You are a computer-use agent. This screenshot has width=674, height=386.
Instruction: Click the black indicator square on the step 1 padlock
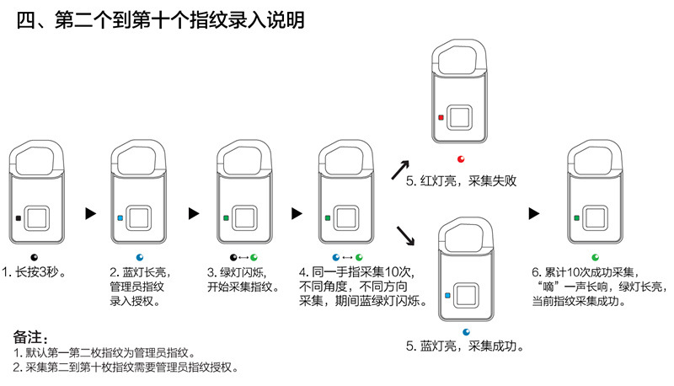[18, 218]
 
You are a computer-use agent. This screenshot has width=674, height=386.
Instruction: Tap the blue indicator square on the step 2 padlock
[120, 218]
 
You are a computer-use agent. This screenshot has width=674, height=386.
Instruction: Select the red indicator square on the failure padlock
[441, 117]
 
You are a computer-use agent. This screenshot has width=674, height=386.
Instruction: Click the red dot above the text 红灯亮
[461, 159]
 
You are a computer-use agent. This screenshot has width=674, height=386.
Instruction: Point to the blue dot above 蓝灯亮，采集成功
[467, 332]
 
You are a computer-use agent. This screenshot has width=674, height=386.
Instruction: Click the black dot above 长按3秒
[35, 258]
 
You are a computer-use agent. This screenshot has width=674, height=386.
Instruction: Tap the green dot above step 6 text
[596, 258]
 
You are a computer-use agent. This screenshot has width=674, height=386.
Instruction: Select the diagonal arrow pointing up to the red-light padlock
[400, 169]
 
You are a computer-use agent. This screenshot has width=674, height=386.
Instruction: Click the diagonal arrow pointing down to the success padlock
[405, 235]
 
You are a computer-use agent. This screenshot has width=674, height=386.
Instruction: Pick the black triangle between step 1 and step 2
[90, 213]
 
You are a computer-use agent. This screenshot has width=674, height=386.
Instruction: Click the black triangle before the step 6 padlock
[534, 213]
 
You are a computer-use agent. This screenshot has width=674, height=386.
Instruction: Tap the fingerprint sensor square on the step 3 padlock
[244, 218]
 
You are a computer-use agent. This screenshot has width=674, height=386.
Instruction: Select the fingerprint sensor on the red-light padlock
[459, 117]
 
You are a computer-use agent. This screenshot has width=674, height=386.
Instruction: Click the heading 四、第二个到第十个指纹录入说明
[161, 20]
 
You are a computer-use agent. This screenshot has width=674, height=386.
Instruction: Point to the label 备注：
[30, 337]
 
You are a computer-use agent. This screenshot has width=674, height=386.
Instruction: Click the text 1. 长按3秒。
[35, 272]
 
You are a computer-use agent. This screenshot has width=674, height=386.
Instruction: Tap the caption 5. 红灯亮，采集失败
[461, 181]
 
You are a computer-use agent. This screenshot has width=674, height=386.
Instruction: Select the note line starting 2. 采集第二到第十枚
[125, 367]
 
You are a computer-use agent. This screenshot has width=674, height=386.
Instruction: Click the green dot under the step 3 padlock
[254, 258]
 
